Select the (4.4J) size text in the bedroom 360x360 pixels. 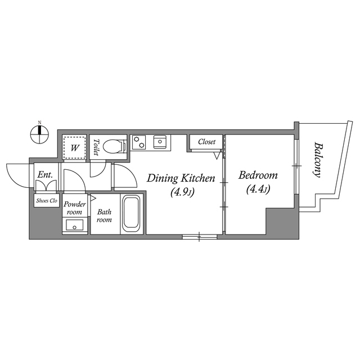click(258, 190)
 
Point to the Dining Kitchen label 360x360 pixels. click(181, 179)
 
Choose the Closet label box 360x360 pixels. click(206, 142)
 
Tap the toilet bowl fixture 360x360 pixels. click(116, 146)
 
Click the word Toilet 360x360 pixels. click(97, 147)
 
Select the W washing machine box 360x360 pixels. click(74, 148)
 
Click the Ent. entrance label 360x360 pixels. click(45, 175)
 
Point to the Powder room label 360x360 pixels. click(74, 208)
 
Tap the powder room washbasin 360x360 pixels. click(74, 226)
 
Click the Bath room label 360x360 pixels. click(105, 216)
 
